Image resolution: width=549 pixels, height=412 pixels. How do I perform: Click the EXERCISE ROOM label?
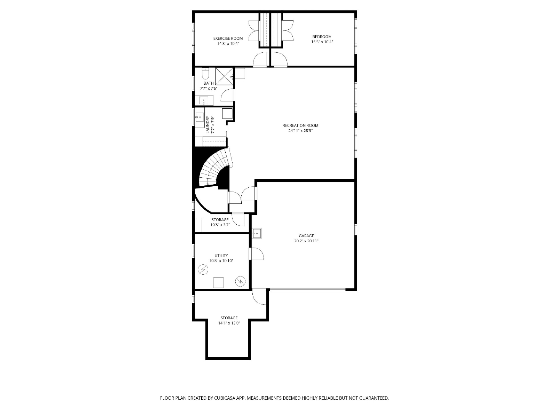228,38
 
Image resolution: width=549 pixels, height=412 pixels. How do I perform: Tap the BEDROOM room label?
322,37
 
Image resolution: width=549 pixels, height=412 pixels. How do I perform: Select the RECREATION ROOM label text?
300,126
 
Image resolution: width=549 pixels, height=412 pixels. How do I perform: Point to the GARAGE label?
307,236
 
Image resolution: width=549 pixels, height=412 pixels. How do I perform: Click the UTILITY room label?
222,256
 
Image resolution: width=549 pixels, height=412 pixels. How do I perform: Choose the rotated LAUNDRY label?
207,125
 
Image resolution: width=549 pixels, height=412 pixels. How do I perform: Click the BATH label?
209,83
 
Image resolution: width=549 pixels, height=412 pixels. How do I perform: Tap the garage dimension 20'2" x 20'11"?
307,241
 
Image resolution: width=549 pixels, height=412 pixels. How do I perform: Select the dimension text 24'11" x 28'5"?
300,130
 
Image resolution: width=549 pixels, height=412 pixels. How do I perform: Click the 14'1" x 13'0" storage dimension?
229,323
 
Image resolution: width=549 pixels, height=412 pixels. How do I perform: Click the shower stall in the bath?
224,76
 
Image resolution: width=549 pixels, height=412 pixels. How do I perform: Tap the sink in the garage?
256,233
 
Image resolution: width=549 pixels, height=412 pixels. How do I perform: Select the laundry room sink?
200,117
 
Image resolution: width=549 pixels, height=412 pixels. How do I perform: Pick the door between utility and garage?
256,254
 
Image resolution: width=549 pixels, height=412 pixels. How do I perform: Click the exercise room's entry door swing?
260,60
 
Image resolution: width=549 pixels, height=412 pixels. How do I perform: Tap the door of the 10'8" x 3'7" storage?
238,219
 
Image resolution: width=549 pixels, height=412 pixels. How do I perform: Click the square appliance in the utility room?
218,283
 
